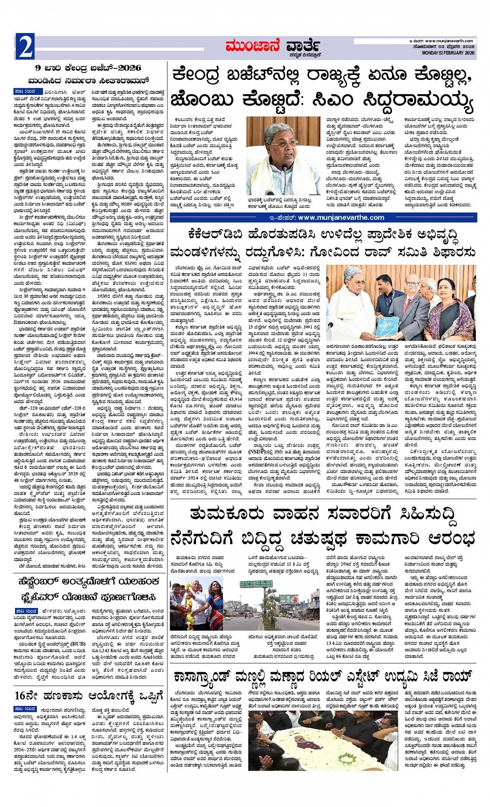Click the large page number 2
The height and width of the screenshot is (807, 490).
(x=25, y=47)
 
